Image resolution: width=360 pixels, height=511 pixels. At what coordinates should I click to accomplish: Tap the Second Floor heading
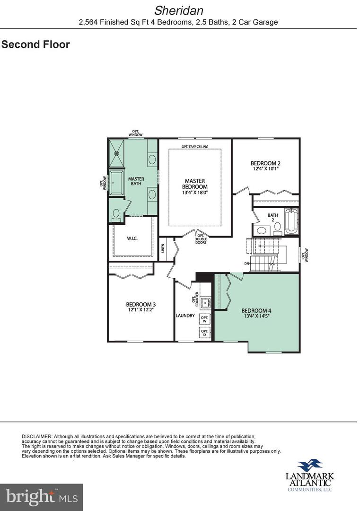35,45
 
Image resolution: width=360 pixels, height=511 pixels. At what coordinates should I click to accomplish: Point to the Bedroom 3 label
140,304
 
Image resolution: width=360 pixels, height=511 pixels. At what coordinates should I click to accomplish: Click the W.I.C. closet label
132,238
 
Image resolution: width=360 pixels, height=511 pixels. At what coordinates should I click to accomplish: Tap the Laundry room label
185,316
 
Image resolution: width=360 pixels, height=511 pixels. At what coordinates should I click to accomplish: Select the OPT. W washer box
205,319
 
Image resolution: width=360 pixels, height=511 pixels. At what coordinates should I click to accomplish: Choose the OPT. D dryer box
205,333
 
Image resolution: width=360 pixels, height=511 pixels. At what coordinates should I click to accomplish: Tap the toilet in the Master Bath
116,214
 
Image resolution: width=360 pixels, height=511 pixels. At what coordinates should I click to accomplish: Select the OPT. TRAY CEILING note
195,147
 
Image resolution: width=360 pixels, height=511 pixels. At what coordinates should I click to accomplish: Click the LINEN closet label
162,248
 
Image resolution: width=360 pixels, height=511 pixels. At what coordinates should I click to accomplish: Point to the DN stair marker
246,264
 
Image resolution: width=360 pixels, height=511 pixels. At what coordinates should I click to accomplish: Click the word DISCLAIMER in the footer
37,436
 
